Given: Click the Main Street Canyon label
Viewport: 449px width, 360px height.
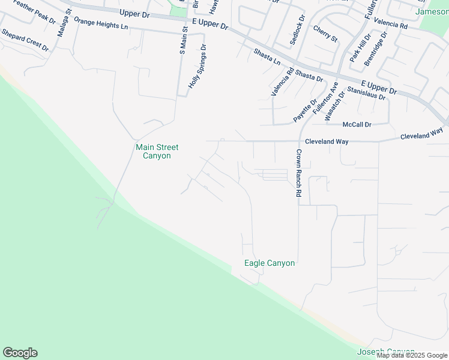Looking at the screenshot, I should (157, 151).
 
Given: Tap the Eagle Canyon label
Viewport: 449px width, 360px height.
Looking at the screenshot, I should (270, 263).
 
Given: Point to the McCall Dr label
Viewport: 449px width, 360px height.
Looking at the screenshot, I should (357, 124).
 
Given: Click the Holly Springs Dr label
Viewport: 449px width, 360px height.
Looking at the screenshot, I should (197, 67).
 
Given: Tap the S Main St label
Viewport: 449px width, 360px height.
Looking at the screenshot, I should (183, 37).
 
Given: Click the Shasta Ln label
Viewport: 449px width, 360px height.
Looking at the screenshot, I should (267, 58).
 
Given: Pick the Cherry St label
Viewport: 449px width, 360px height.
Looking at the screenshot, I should (325, 34).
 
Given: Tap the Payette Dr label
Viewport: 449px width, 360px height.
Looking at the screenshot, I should (305, 111).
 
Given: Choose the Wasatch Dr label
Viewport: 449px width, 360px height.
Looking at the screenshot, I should (335, 106).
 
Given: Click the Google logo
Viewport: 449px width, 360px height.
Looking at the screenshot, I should (20, 353).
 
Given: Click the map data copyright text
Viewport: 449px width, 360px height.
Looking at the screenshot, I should (412, 355).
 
